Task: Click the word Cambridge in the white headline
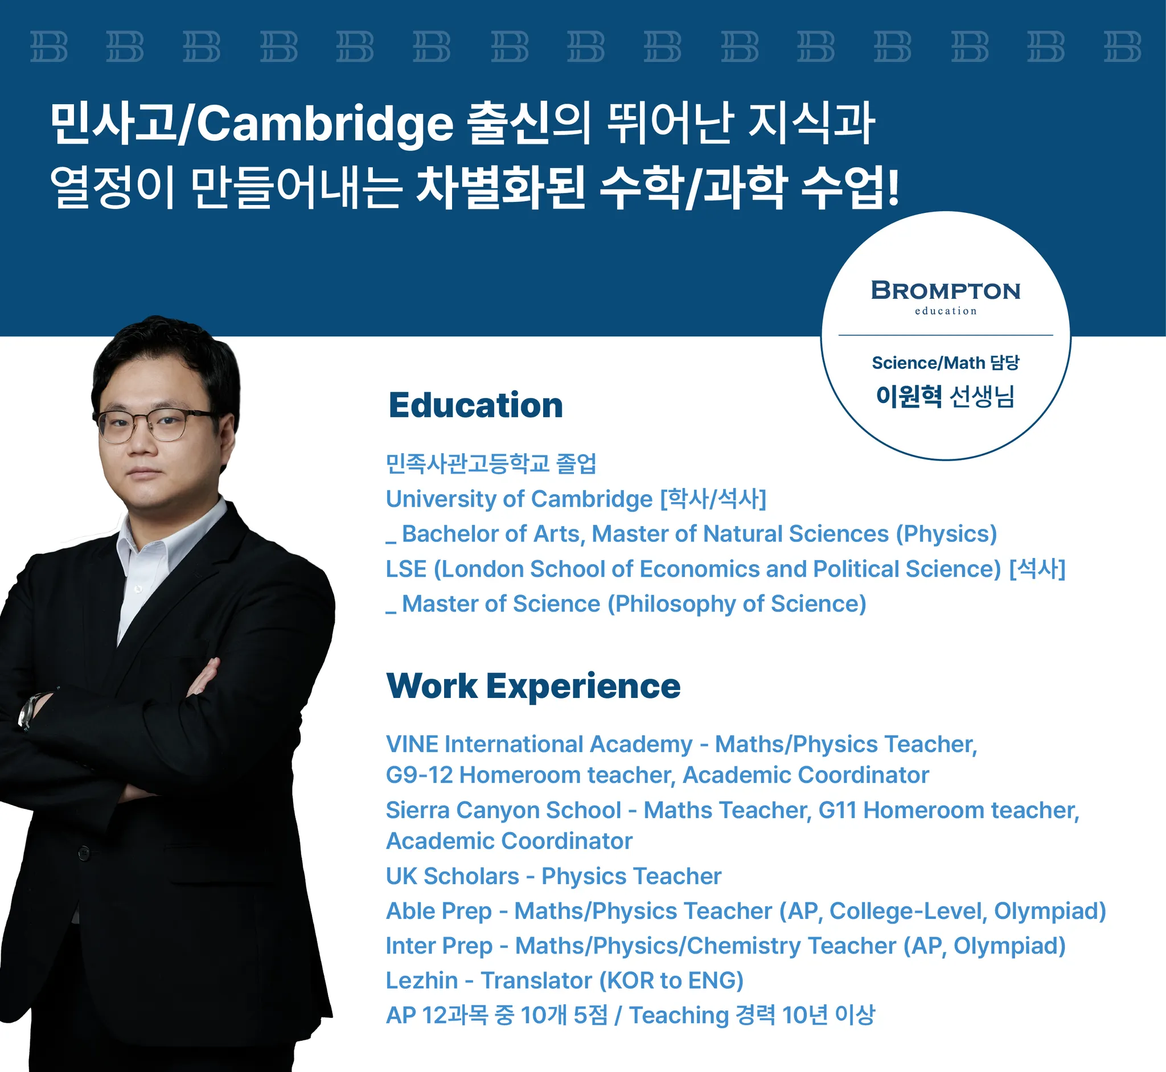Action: (x=325, y=125)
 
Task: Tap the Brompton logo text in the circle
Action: (x=946, y=290)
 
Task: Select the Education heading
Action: (x=476, y=405)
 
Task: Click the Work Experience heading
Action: (x=533, y=687)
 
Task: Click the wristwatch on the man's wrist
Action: (x=29, y=710)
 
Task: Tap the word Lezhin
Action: (x=422, y=980)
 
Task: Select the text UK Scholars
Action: (x=453, y=876)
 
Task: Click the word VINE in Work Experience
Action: (x=412, y=744)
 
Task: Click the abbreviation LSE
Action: (x=406, y=569)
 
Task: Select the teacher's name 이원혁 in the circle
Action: (x=909, y=396)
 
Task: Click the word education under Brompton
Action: (x=946, y=311)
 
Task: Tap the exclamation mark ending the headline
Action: (x=893, y=187)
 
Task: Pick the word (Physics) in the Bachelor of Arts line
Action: (x=946, y=534)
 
